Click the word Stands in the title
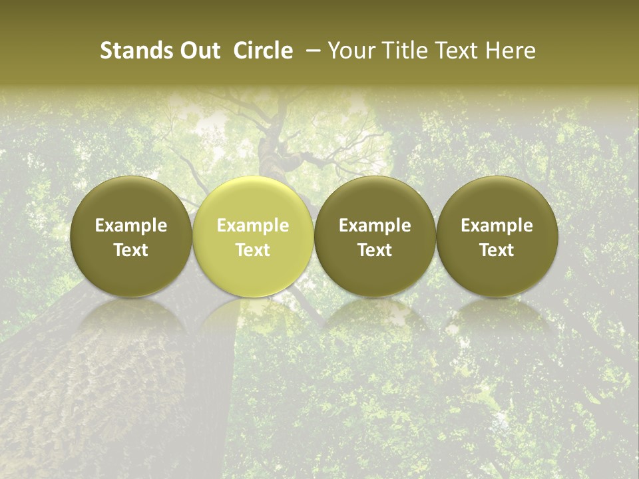130,51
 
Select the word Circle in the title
263,51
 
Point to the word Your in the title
349,51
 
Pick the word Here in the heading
512,51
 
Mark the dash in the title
311,51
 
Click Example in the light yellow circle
253,226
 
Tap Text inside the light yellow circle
253,250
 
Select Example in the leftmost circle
131,226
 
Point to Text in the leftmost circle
131,250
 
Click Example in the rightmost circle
497,226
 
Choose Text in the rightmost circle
497,250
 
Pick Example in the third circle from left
375,226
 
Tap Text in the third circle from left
375,250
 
